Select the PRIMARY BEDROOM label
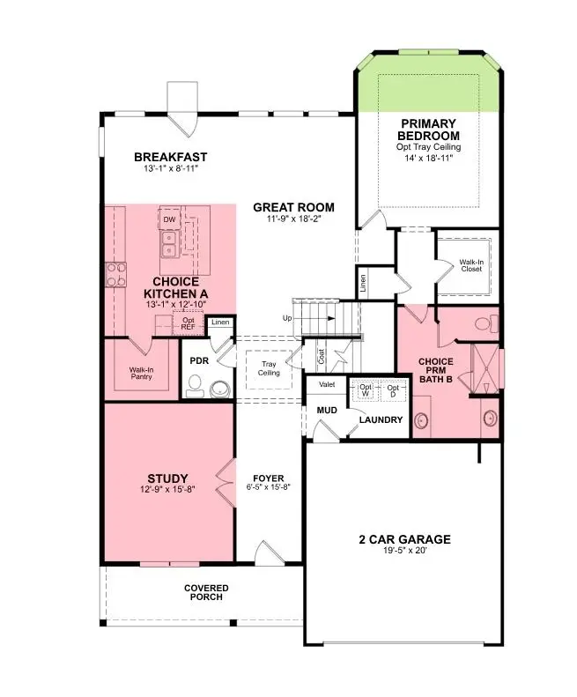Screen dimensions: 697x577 [x=429, y=130]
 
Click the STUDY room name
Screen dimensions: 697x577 [x=167, y=478]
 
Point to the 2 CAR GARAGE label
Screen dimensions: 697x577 [x=403, y=539]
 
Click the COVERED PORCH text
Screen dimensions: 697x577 [x=206, y=592]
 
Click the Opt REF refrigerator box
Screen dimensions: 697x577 [x=188, y=323]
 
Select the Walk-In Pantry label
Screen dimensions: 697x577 [x=141, y=374]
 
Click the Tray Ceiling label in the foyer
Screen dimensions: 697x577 [x=269, y=368]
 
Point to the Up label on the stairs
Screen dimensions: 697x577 [x=287, y=317]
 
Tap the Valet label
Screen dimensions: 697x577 [x=325, y=385]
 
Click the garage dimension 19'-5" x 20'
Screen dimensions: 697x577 [x=403, y=552]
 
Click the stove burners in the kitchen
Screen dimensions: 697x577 [x=115, y=274]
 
